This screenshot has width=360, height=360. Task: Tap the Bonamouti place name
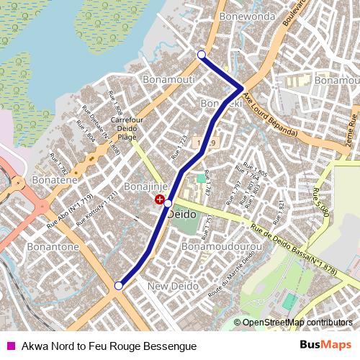169,78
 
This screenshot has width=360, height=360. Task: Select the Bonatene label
55,180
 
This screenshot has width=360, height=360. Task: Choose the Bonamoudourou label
221,246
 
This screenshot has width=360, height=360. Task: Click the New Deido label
173,287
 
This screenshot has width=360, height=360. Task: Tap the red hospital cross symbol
159,198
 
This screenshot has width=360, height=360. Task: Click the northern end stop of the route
202,55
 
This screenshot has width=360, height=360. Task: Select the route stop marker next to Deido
168,204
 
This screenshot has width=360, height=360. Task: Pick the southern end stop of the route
118,286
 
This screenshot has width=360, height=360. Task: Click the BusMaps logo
325,345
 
